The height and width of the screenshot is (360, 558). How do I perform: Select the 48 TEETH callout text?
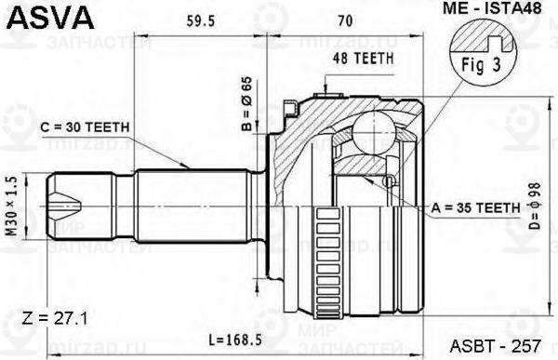(363, 59)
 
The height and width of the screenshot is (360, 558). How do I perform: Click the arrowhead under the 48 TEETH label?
(323, 90)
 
